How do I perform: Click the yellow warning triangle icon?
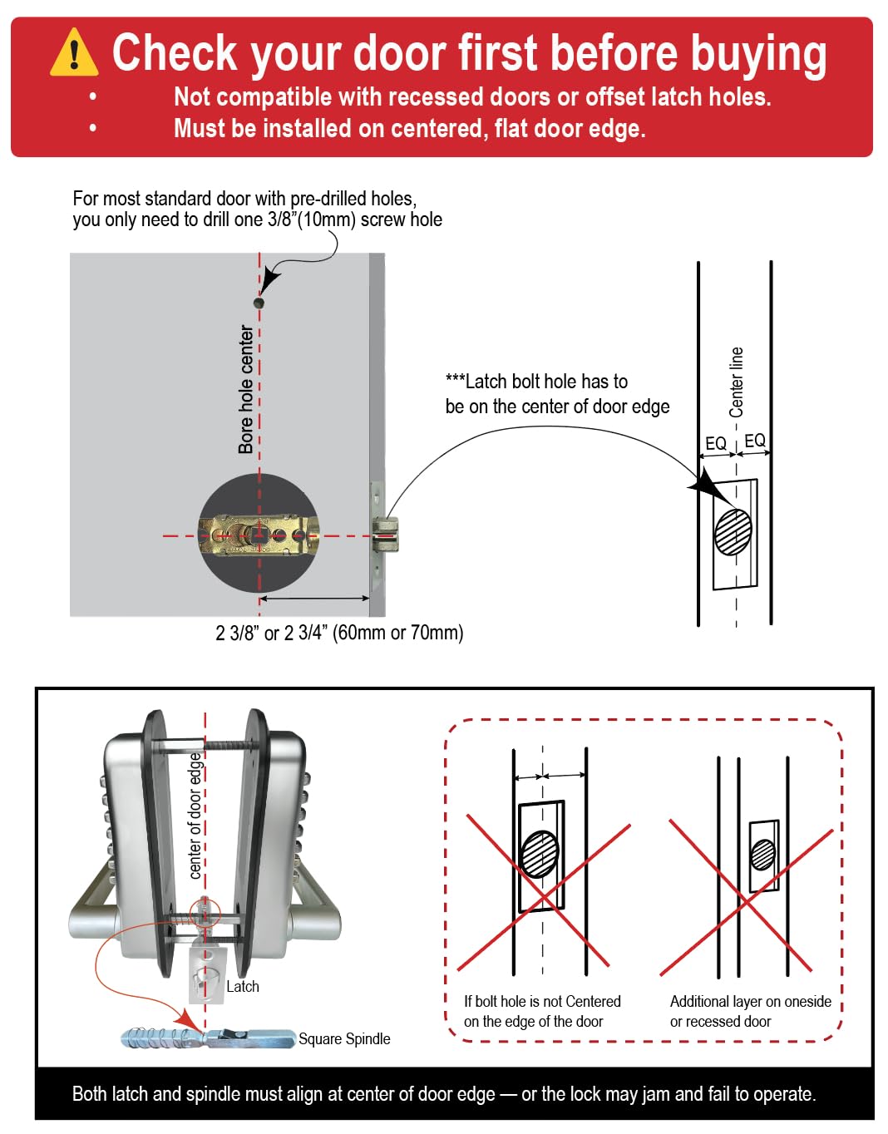74,52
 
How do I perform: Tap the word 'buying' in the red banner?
759,55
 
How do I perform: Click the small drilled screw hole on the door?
259,303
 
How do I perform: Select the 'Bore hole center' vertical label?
246,389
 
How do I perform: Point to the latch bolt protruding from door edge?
386,535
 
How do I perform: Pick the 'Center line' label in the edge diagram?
736,382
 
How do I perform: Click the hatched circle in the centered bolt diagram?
733,532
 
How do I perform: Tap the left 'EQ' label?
716,444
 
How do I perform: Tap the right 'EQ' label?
754,441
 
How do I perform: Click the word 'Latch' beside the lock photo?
243,986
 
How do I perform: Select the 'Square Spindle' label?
344,1038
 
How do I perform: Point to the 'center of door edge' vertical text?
195,816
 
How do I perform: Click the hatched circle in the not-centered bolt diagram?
540,855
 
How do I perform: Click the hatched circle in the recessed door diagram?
762,855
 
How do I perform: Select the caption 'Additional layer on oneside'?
751,1002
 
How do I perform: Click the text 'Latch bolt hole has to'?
536,382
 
